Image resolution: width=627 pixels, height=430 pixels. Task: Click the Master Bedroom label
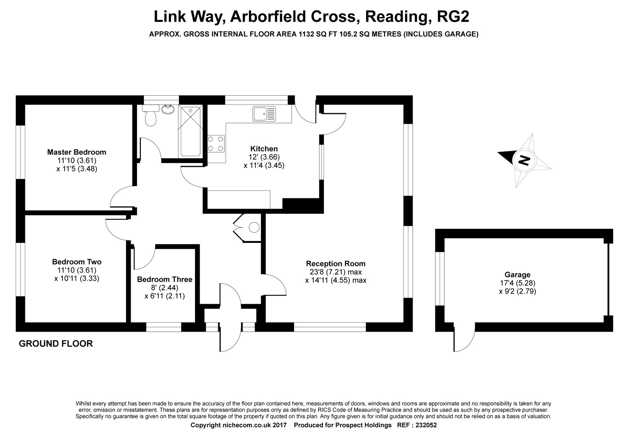click(x=77, y=152)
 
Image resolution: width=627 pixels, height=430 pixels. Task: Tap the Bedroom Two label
click(x=77, y=262)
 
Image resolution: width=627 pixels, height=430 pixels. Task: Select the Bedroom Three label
click(x=165, y=279)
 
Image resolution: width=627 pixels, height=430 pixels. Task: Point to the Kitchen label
click(x=264, y=149)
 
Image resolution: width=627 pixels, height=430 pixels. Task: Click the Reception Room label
click(x=336, y=263)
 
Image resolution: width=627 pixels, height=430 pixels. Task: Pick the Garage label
click(x=517, y=275)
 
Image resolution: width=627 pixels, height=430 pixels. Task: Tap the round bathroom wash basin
click(x=169, y=109)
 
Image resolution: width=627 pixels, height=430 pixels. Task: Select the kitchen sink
click(x=264, y=114)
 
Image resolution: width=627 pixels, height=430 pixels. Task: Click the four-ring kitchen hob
click(x=216, y=144)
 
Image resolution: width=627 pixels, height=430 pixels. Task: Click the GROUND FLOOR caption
click(x=56, y=343)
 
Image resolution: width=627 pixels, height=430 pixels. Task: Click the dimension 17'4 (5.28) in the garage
click(x=517, y=283)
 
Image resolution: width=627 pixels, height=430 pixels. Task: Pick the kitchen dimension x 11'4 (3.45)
click(x=264, y=166)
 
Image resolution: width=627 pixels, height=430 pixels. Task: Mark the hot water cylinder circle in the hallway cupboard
click(x=254, y=227)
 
